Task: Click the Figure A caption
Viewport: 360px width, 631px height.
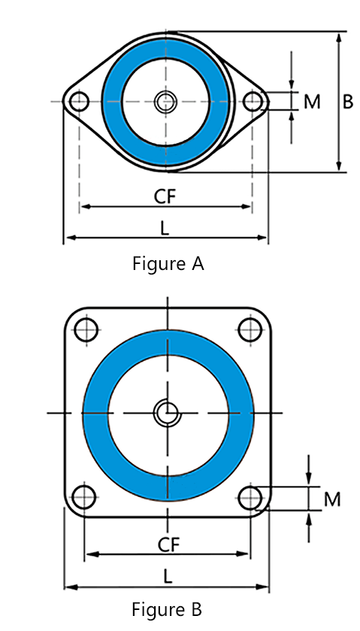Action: click(168, 264)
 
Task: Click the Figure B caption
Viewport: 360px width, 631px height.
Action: click(166, 608)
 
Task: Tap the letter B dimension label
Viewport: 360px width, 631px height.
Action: click(348, 102)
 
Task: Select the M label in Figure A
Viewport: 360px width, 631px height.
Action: click(312, 102)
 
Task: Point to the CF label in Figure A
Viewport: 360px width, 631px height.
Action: click(165, 196)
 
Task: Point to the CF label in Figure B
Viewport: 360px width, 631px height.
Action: click(168, 545)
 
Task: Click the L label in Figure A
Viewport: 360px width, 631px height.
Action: click(165, 226)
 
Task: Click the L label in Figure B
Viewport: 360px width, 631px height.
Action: click(168, 576)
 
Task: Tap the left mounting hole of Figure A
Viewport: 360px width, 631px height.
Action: click(78, 102)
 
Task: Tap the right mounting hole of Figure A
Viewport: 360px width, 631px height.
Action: click(253, 102)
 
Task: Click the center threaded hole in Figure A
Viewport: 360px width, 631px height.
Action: click(165, 102)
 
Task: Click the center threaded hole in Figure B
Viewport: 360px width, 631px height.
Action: click(167, 412)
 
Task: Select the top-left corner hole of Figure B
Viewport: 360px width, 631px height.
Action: click(85, 329)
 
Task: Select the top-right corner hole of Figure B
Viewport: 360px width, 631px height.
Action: click(249, 329)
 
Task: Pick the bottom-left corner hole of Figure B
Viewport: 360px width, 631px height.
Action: click(85, 496)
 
